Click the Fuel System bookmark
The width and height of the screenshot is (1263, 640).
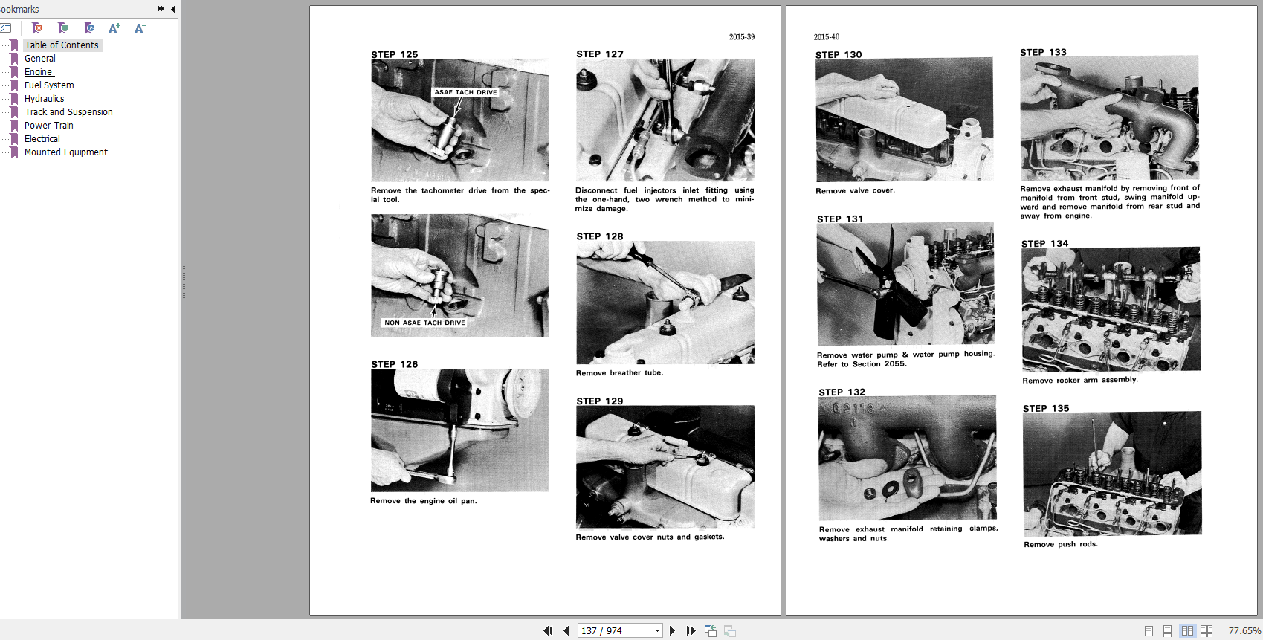[48, 85]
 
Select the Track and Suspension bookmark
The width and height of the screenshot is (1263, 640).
[68, 111]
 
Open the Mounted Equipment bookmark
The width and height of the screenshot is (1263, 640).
[65, 152]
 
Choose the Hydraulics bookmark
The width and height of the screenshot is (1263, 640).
[44, 99]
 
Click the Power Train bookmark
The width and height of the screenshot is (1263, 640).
[48, 125]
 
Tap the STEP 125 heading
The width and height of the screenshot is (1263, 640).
[394, 54]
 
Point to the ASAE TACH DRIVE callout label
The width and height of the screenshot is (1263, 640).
[465, 92]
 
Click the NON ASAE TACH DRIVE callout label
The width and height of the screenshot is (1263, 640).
[424, 323]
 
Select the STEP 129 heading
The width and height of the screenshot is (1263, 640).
[599, 401]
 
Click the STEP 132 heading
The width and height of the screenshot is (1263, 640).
[842, 392]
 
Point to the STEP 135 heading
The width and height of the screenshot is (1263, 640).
[1046, 408]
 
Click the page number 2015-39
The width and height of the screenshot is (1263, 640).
[741, 36]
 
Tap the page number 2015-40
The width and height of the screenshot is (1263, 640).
[826, 36]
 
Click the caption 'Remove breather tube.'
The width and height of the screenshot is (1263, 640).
[619, 372]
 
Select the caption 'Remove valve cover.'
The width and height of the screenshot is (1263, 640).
[855, 190]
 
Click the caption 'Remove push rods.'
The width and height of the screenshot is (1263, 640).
[1061, 544]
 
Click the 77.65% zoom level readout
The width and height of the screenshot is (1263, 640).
[1244, 630]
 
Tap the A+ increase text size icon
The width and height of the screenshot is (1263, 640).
[114, 28]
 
